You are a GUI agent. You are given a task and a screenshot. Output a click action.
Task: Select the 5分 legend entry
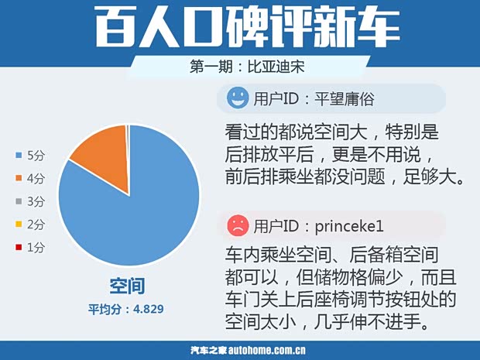click(30, 156)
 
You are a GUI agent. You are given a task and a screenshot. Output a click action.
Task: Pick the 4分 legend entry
click(30, 179)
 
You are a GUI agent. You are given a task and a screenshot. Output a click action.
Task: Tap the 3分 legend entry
click(30, 201)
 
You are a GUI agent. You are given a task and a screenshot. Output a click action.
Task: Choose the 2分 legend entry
click(30, 225)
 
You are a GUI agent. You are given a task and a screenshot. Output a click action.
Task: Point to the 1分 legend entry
click(30, 247)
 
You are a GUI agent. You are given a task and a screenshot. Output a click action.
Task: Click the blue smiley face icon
click(237, 98)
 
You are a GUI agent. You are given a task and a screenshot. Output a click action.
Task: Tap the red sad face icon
click(237, 225)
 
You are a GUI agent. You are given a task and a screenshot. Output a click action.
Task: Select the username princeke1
click(349, 226)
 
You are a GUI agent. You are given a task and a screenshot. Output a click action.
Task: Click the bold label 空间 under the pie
click(127, 286)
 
